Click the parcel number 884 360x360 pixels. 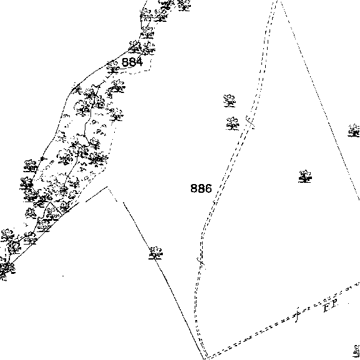coord(132,62)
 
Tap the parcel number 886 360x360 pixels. coord(201,188)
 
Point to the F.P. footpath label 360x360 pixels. coord(331,306)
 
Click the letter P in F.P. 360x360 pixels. coord(334,304)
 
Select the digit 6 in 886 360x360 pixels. coord(208,188)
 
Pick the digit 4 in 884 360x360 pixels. coord(139,62)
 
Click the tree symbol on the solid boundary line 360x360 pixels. coord(155,253)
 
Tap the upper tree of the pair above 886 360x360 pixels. coord(230,100)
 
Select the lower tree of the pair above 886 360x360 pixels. coord(233,124)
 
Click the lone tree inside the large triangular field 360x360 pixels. coord(305,177)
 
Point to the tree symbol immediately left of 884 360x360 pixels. coord(113,67)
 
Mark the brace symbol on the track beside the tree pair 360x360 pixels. coord(250,122)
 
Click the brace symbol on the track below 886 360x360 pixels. coord(201,263)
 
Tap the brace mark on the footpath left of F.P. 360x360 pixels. coord(297,314)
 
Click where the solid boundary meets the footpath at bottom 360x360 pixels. coord(204,358)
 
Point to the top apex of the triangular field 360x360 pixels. coord(278,1)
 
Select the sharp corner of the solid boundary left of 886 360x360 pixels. coord(107,187)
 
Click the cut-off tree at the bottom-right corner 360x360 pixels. coord(356,351)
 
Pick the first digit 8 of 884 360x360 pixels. coord(125,62)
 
